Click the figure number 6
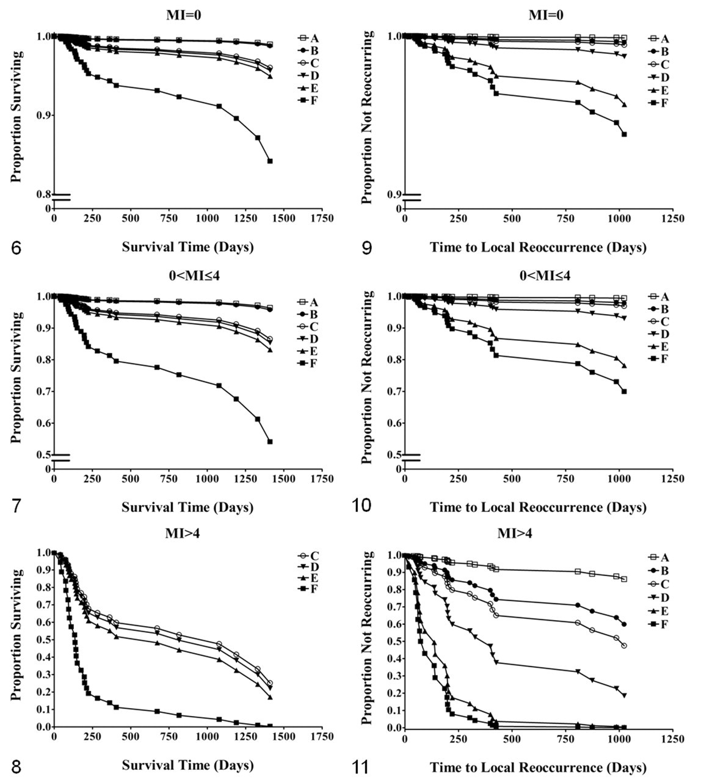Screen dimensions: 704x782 coord(16,248)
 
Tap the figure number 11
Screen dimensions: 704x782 coord(360,767)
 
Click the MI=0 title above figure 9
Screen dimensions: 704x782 coord(545,15)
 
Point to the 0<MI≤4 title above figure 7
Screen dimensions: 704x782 coord(194,276)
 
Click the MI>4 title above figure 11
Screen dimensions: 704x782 coord(515,533)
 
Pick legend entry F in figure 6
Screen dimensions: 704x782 coord(308,101)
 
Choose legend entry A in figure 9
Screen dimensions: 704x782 coord(659,38)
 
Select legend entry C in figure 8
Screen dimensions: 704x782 coord(308,556)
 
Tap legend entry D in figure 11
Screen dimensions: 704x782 coord(659,597)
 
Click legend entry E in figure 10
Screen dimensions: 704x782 coord(659,346)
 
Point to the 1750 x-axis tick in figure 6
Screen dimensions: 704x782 coord(322,218)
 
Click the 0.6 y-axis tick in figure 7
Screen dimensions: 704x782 coord(43,423)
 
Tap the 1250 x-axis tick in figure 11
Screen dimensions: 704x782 coord(673,739)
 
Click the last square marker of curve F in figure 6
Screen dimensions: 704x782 coord(270,161)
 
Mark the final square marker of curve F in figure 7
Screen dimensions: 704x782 coord(270,442)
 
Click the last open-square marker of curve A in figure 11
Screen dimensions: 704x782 coord(624,579)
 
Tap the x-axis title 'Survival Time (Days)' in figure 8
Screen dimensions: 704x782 coord(188,765)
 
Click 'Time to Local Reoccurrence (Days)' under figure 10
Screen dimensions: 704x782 coord(538,507)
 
